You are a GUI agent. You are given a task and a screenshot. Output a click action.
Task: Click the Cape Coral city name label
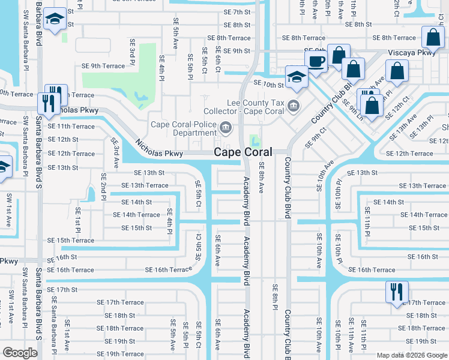(243, 152)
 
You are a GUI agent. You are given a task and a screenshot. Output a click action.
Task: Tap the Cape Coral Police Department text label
(184, 128)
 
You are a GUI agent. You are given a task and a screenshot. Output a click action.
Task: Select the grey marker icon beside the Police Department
(226, 127)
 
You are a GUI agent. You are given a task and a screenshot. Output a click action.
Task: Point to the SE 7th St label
(237, 12)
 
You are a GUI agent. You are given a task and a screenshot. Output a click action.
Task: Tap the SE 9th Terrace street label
(103, 66)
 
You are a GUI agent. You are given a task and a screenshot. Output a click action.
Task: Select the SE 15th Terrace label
(71, 241)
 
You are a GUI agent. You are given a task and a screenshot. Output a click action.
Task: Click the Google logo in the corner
(20, 353)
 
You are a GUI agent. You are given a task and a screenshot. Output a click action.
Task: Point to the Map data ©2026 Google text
(412, 355)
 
